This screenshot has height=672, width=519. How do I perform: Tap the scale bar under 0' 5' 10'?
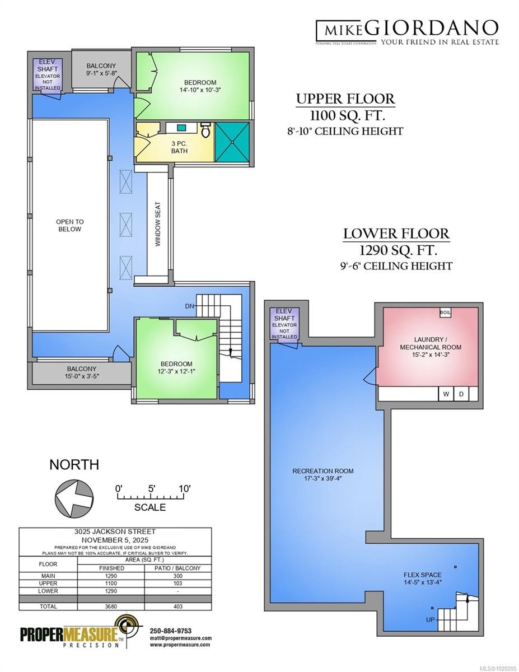tap(152, 496)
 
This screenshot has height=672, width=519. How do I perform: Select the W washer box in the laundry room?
tap(446, 394)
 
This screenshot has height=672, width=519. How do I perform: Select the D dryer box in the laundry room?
tap(461, 394)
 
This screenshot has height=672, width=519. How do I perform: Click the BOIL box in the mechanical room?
tap(445, 312)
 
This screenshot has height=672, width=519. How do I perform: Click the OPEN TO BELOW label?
tap(69, 225)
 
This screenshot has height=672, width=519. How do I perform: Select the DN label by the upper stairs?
tap(190, 306)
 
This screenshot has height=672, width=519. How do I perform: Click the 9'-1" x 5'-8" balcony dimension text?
tap(101, 72)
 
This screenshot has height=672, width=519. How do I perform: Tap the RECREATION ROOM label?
tap(323, 471)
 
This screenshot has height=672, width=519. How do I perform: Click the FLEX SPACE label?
tap(423, 575)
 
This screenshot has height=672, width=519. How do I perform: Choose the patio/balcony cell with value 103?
tap(177, 583)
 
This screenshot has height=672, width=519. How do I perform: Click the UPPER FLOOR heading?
tap(345, 100)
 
